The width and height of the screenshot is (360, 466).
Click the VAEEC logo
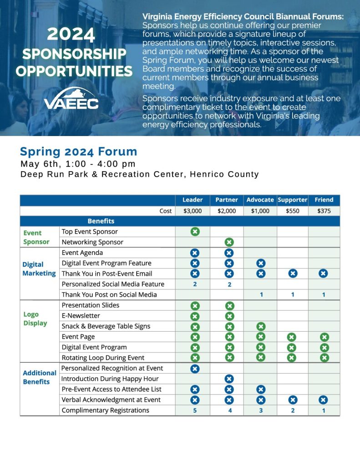pos(71,99)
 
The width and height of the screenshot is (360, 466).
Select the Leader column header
pos(193,200)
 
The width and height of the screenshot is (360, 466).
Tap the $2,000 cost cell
pos(227,211)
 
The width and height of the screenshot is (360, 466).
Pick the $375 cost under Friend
pos(324,211)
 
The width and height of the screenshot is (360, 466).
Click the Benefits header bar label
pos(101,221)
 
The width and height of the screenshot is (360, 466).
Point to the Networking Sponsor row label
pos(92,242)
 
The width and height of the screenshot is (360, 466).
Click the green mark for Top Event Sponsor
pos(195,232)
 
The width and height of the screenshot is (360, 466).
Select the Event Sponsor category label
pos(36,237)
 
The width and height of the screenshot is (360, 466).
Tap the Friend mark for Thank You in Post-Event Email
pos(323,274)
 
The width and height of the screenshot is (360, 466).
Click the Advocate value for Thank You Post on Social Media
pos(261,294)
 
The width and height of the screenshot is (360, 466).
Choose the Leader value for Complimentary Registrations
pos(195,410)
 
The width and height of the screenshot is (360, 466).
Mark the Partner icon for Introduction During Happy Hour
pos(229,379)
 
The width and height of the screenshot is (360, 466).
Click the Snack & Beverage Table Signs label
pos(106,326)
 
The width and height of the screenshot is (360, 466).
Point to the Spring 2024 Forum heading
pos(78,152)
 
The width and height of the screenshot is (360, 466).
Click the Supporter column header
pos(293,200)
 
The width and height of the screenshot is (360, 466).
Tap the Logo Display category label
pos(35,319)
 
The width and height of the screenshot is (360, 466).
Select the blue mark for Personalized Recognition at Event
pos(195,368)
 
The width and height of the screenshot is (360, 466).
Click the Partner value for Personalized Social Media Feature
pos(229,284)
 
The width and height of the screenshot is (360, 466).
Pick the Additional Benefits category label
pos(40,377)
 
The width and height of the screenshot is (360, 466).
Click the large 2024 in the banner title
pos(71,35)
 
